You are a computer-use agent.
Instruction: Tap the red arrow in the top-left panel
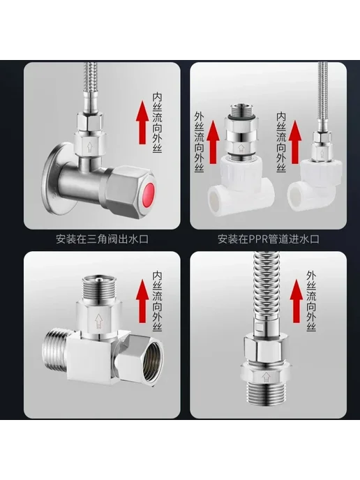click(x=142, y=123)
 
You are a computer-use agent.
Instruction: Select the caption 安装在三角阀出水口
click(x=103, y=239)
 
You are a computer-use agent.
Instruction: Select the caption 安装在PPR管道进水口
click(x=269, y=239)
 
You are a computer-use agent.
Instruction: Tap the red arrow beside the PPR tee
click(x=213, y=142)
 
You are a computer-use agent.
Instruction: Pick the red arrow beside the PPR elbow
click(x=295, y=142)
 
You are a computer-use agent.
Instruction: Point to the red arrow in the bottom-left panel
click(x=142, y=301)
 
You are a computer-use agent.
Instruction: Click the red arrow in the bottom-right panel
click(x=297, y=301)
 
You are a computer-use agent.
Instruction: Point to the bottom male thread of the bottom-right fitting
click(x=265, y=394)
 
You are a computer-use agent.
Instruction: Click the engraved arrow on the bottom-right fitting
click(x=265, y=377)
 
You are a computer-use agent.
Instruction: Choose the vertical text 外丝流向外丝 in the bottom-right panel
click(x=312, y=301)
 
